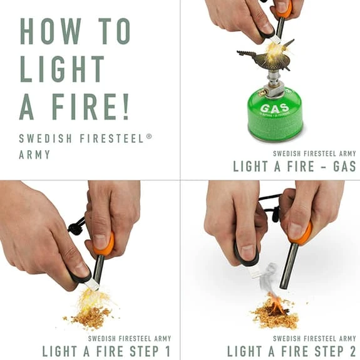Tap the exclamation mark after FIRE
[x=125, y=106]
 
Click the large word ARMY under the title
[x=34, y=154]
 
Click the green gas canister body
[x=275, y=116]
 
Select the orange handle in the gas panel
[x=284, y=9]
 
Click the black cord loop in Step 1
[x=76, y=227]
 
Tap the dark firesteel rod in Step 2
[x=290, y=266]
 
